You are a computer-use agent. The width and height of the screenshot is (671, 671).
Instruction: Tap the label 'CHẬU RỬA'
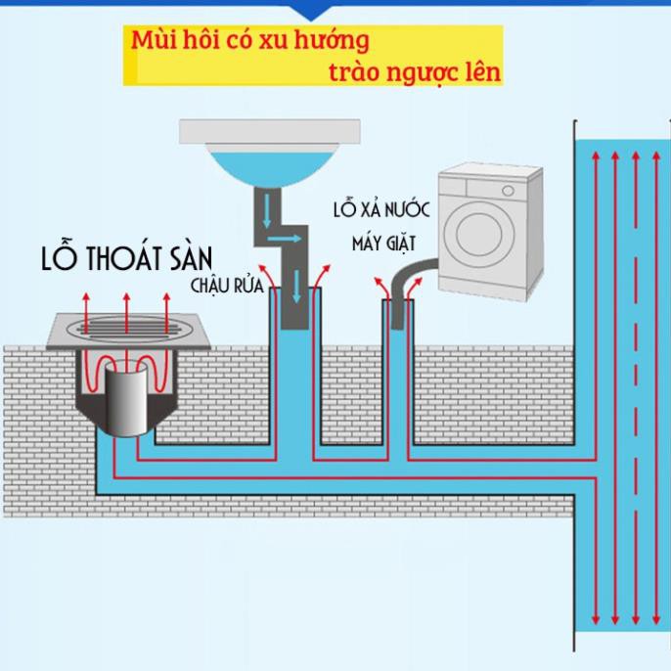(x=227, y=286)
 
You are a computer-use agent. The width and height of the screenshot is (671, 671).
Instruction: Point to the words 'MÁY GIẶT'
(x=383, y=244)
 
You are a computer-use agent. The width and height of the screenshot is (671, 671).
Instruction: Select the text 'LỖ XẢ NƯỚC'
(x=381, y=209)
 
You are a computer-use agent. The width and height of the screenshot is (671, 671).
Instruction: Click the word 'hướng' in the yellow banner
(x=332, y=41)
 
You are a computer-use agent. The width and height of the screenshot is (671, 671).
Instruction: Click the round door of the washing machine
(x=479, y=234)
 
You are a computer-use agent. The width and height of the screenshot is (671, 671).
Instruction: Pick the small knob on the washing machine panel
(x=508, y=191)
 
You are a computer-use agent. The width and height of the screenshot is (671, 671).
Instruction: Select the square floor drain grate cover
(x=128, y=331)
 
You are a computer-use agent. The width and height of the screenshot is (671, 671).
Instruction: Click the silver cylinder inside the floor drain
(x=126, y=398)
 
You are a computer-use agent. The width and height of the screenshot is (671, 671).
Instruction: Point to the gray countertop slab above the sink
(x=270, y=131)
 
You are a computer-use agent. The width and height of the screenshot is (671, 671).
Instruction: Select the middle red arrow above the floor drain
(x=126, y=313)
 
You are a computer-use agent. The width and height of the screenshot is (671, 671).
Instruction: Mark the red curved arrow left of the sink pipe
(x=267, y=277)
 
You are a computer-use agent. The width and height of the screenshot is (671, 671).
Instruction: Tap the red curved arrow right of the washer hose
(x=414, y=288)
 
